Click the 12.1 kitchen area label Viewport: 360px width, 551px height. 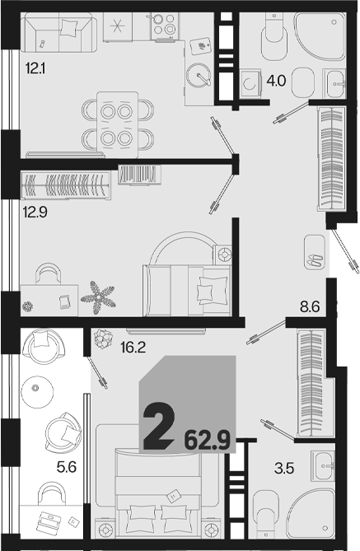tap(35, 68)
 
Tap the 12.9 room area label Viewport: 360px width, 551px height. tap(35, 212)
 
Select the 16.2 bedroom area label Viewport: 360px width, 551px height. tap(133, 348)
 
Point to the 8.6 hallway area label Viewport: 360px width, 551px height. tap(310, 306)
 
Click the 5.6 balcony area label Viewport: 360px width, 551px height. tap(67, 467)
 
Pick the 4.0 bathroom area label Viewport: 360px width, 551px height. tap(276, 82)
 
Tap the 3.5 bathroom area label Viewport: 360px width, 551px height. tap(284, 468)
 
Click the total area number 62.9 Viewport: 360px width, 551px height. tap(208, 441)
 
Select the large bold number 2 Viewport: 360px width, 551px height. tap(159, 427)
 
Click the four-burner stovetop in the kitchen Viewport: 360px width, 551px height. tap(163, 26)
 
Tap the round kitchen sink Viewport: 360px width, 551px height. tap(198, 75)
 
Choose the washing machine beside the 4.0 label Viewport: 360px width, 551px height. tap(250, 83)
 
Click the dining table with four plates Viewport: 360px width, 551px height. tap(118, 124)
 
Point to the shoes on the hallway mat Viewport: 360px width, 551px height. tap(314, 260)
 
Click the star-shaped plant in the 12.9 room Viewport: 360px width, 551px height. tap(97, 297)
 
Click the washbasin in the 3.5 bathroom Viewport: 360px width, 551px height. tap(323, 466)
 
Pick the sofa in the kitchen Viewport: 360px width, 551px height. tap(58, 33)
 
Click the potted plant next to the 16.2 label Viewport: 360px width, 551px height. tap(103, 339)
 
